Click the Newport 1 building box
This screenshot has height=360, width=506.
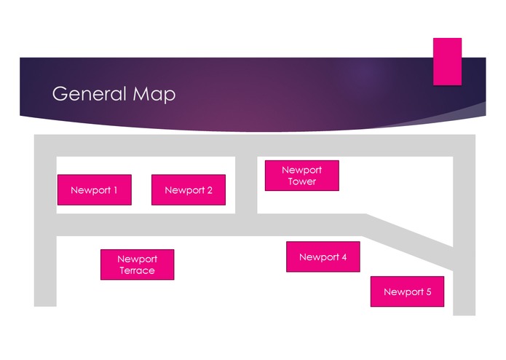coord(95,190)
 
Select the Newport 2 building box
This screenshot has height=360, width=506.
coord(189,190)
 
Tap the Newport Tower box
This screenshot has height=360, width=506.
coord(302,176)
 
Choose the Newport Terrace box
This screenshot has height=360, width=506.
coord(138,265)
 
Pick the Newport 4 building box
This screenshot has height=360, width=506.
coord(323,257)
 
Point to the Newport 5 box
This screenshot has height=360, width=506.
coord(407,291)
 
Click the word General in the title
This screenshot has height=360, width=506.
coord(89,94)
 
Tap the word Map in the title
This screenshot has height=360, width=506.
coord(154,95)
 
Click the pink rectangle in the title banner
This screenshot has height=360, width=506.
coord(447,62)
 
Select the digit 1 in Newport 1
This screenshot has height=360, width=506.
coord(115,190)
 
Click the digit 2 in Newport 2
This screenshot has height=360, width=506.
coord(210,190)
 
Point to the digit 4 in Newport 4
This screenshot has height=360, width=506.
coord(344,257)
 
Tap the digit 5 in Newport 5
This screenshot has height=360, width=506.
coord(429,291)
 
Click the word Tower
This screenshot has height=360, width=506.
coord(302,181)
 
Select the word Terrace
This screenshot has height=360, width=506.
coord(137,270)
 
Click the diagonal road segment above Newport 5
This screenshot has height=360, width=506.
coord(409,241)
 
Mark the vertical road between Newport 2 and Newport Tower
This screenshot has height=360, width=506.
coord(246,185)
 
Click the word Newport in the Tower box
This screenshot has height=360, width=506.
coord(301,170)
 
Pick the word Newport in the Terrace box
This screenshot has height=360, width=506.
coord(137,259)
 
